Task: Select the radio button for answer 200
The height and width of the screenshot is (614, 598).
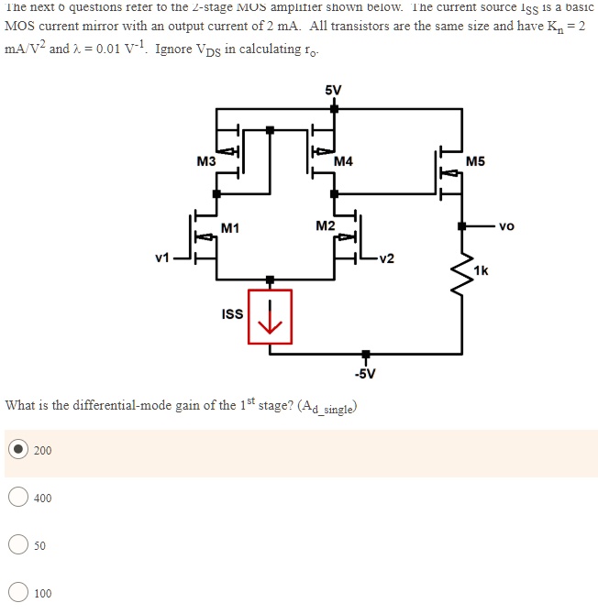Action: [x=17, y=450]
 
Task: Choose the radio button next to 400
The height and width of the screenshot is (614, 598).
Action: [x=17, y=498]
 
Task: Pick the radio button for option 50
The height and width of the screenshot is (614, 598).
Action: [x=17, y=545]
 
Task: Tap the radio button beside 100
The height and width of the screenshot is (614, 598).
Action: [x=17, y=593]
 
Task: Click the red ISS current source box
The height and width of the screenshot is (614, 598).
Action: [x=270, y=317]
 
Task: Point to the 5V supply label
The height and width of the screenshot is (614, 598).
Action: [x=333, y=90]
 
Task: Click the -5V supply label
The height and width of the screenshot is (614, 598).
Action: [x=365, y=374]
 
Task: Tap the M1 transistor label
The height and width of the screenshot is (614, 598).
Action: [x=230, y=227]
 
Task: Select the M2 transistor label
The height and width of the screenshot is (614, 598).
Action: [x=325, y=225]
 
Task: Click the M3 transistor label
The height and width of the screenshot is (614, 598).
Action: [x=206, y=161]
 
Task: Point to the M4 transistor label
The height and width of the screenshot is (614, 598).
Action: [x=343, y=162]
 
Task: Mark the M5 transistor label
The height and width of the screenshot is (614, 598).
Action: [x=475, y=162]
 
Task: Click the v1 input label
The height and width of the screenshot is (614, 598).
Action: [x=162, y=258]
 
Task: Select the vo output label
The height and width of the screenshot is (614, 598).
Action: [x=507, y=225]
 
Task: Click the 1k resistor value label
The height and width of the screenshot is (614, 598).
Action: [x=482, y=270]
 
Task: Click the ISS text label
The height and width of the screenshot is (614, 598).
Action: [x=233, y=314]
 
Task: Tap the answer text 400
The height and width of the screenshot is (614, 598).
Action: [x=43, y=498]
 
